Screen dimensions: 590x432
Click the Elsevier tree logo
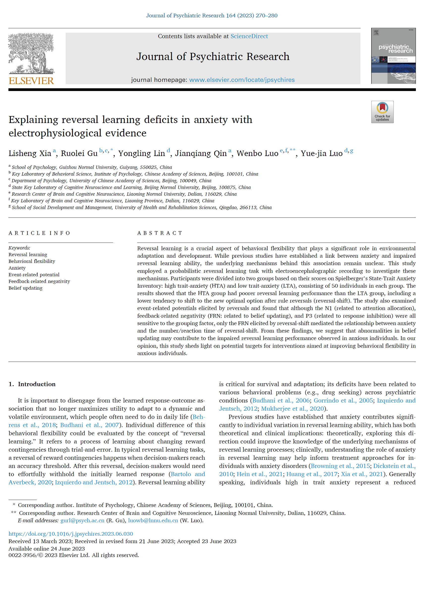click(31, 53)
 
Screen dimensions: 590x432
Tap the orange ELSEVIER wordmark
click(31, 81)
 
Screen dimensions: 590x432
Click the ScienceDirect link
click(249, 36)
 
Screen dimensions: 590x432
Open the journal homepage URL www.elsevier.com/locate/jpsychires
click(242, 80)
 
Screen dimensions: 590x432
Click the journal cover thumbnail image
click(393, 56)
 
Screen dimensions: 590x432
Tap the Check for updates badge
click(382, 112)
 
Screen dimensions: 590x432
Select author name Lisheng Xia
click(30, 153)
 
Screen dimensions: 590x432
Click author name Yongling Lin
click(141, 153)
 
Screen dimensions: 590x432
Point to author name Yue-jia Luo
click(321, 153)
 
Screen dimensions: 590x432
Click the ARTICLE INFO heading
click(39, 233)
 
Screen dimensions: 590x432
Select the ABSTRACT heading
click(160, 233)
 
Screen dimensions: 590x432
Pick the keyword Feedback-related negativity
click(39, 281)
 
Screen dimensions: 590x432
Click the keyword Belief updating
click(25, 288)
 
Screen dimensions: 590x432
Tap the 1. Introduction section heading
click(32, 384)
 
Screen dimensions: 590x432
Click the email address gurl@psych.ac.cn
click(82, 521)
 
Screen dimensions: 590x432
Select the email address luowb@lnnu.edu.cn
click(153, 521)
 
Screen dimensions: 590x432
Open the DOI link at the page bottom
click(71, 534)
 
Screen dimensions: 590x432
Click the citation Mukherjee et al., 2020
click(292, 409)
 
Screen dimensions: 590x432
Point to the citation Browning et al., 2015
click(340, 466)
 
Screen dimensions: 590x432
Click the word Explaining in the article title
click(33, 120)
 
